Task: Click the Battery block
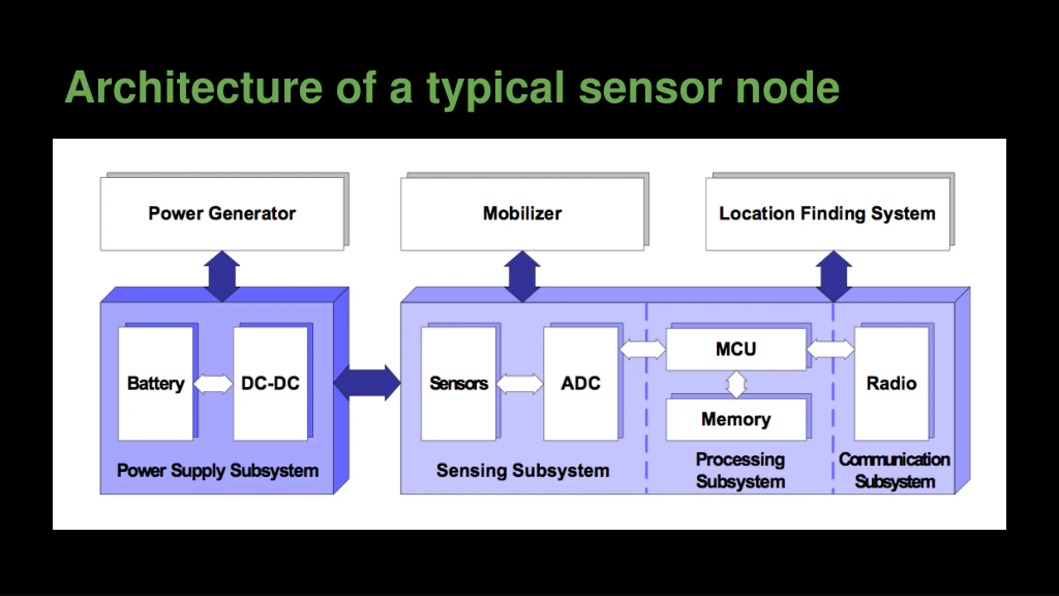[x=156, y=384]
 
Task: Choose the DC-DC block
[x=271, y=384]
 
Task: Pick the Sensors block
[x=458, y=384]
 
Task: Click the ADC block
[x=581, y=384]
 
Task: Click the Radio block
[x=892, y=384]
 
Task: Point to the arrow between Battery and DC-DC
[x=213, y=384]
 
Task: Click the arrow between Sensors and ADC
[x=520, y=384]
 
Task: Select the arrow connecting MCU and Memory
[x=737, y=385]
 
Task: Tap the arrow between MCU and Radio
[x=831, y=349]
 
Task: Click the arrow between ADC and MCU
[x=642, y=349]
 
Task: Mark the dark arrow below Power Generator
[x=222, y=276]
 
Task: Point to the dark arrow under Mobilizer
[x=522, y=276]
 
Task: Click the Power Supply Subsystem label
[x=218, y=471]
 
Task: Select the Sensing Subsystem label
[x=523, y=471]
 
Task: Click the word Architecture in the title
[x=194, y=87]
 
